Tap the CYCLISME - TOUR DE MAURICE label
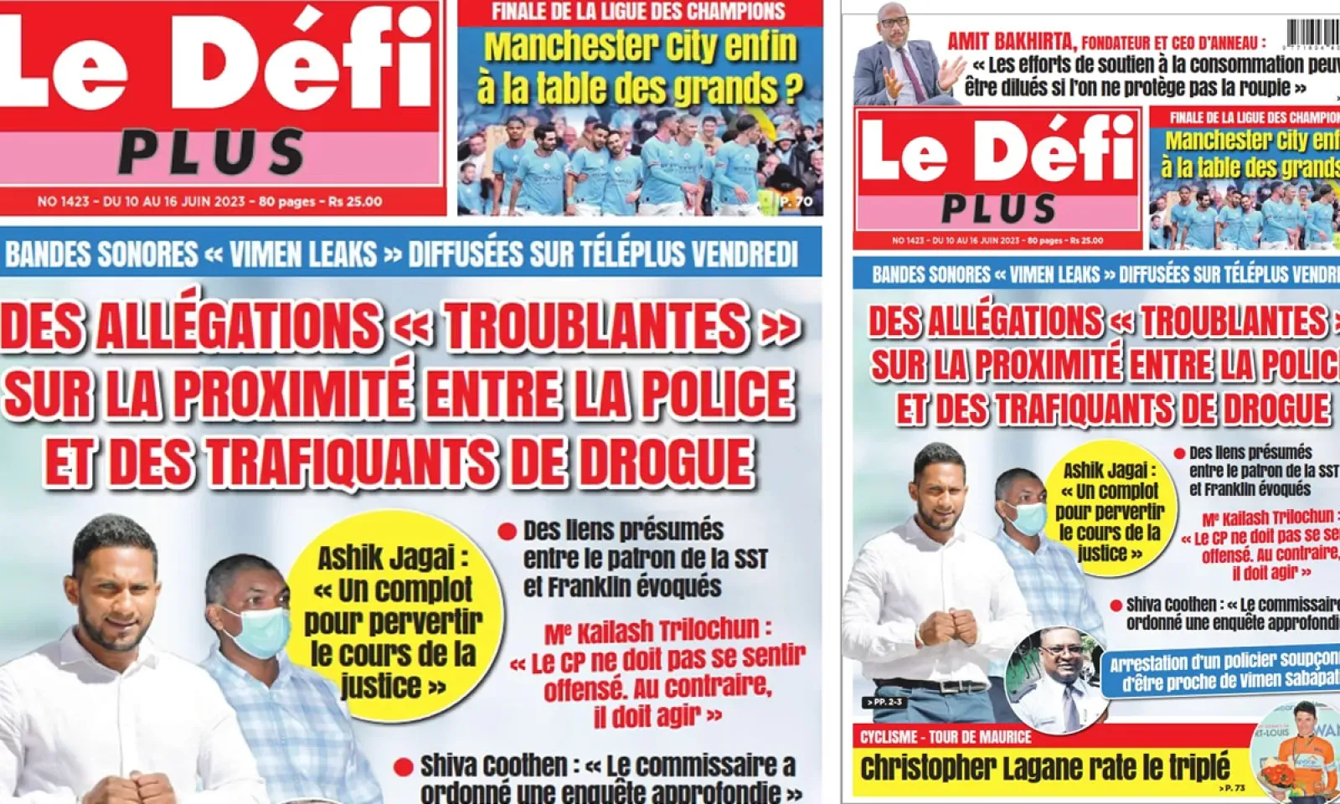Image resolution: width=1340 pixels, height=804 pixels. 946,737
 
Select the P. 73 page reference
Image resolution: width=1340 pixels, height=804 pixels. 1233,788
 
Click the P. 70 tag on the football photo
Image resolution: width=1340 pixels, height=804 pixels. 796,202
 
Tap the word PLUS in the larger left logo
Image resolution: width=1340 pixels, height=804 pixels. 212,153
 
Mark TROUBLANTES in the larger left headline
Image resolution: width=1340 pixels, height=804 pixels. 595,326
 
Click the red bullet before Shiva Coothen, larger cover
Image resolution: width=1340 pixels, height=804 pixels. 404,766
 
